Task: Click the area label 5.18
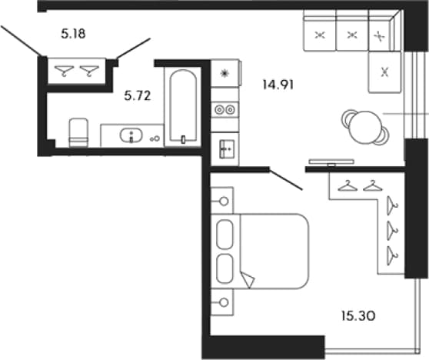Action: pos(73,34)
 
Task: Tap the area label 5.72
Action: pos(138,96)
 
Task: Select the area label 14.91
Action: pos(278,85)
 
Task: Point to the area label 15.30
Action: pos(358,316)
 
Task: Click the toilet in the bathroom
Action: pos(78,132)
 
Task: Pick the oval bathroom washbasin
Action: pos(131,135)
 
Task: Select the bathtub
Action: pos(183,106)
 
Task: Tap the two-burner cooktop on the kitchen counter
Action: pos(225,110)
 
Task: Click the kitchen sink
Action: pos(227,149)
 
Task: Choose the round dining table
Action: pos(365,127)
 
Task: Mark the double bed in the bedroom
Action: pos(260,251)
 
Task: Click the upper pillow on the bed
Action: pos(225,235)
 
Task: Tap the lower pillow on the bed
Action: pos(225,268)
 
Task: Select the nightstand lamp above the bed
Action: pos(224,202)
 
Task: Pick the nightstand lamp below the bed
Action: pos(224,302)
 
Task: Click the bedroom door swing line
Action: pos(286,179)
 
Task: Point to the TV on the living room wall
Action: pos(331,162)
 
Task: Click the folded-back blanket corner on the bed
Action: pos(248,279)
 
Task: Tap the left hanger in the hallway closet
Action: pos(64,71)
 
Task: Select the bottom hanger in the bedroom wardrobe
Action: pos(392,255)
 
